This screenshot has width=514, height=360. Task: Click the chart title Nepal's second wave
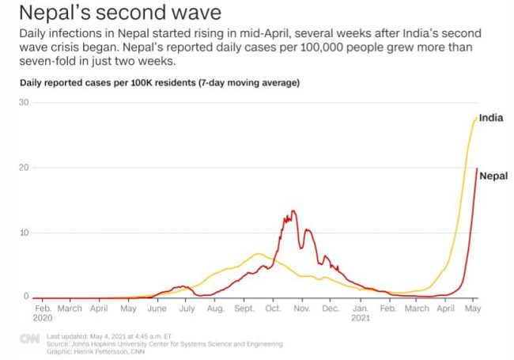click(x=119, y=13)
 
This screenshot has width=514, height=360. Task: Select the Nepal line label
click(x=493, y=176)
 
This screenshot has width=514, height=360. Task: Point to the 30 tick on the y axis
click(x=24, y=103)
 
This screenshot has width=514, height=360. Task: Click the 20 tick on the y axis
click(x=24, y=168)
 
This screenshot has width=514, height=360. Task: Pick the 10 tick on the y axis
click(x=24, y=233)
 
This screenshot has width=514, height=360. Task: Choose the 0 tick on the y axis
click(x=26, y=297)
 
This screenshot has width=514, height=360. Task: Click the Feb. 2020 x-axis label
click(x=43, y=312)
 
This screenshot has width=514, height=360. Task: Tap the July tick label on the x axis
click(x=187, y=308)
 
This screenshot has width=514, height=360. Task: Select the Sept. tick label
click(x=244, y=308)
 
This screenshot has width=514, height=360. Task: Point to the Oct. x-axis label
click(x=274, y=308)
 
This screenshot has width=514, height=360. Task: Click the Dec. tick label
click(x=331, y=308)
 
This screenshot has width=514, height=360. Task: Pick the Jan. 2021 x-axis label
click(x=361, y=312)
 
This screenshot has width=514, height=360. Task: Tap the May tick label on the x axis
click(x=473, y=308)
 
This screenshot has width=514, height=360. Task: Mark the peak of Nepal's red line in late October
click(x=293, y=211)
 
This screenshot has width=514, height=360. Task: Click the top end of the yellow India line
click(x=476, y=119)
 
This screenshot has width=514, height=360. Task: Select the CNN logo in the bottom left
click(x=30, y=339)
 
